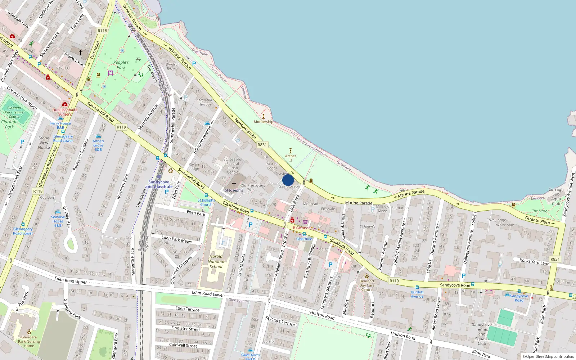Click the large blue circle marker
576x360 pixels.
click(x=288, y=180)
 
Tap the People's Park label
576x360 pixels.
click(x=121, y=65)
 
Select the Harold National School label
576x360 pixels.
click(x=216, y=262)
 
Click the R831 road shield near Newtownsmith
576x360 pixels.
click(x=262, y=145)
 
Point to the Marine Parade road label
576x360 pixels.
click(x=359, y=203)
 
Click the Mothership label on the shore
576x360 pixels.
click(x=264, y=122)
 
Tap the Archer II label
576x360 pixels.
click(x=291, y=158)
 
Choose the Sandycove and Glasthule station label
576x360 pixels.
click(x=159, y=184)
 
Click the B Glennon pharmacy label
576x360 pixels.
click(x=302, y=228)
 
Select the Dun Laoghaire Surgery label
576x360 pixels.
click(x=65, y=112)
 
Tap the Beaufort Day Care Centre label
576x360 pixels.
click(x=367, y=285)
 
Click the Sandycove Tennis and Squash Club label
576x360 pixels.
click(x=482, y=334)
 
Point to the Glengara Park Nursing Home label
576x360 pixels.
click(x=29, y=341)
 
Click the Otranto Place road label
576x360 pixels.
click(x=537, y=220)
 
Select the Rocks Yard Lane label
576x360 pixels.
click(x=534, y=262)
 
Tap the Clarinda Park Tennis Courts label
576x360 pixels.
click(x=14, y=112)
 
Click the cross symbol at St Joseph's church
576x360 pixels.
click(x=234, y=184)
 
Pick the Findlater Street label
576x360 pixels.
click(x=185, y=329)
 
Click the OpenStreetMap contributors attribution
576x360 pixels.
click(x=548, y=357)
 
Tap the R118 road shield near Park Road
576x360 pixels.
click(x=102, y=31)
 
